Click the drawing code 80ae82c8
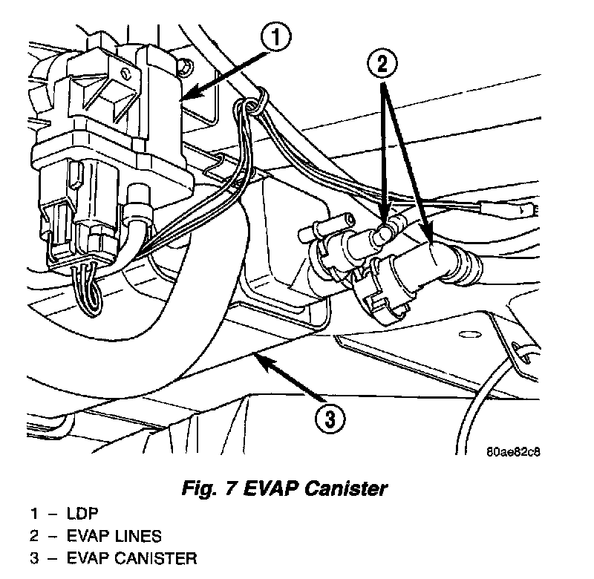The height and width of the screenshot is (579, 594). (x=514, y=451)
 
